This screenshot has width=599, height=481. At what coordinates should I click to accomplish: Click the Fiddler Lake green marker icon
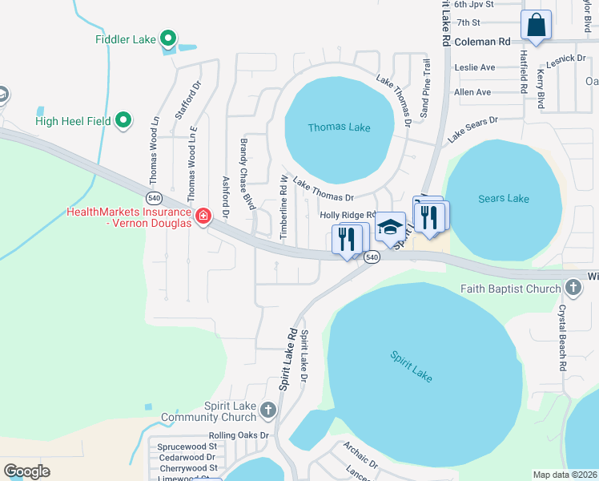(168, 38)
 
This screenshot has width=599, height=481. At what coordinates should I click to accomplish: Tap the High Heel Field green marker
(123, 120)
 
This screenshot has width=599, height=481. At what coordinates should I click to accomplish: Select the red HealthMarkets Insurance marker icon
(203, 216)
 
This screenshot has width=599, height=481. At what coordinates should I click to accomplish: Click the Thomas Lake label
(339, 127)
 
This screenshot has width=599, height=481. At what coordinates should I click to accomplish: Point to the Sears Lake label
(504, 198)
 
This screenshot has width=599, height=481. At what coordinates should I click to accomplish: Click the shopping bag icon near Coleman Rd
(536, 25)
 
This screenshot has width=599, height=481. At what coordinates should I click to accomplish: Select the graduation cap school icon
(391, 227)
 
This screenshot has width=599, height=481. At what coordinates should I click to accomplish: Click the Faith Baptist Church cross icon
(573, 287)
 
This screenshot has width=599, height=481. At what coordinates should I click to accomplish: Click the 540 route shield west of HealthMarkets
(155, 197)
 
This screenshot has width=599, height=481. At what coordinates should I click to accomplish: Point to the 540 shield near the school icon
(372, 257)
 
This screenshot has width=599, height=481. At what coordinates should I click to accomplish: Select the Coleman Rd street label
(482, 40)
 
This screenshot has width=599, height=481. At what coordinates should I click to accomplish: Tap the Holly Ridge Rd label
(348, 215)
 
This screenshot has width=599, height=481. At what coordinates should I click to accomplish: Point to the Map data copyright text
(564, 475)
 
